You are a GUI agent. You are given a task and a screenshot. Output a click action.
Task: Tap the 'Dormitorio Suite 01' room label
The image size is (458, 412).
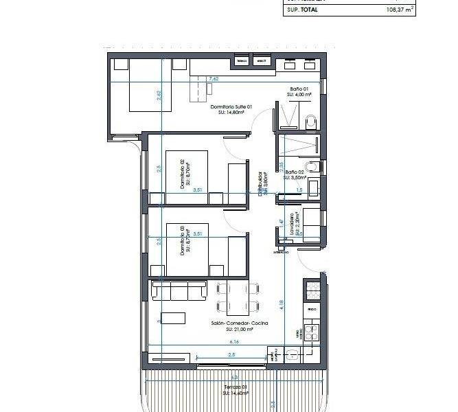pyautogui.click(x=231, y=107)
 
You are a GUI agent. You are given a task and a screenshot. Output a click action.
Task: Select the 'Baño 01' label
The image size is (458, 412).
pyautogui.click(x=299, y=89)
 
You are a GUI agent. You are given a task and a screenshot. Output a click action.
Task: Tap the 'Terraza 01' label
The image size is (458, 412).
pyautogui.click(x=235, y=388)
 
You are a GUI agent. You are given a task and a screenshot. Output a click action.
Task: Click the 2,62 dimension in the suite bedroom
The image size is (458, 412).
pyautogui.click(x=159, y=97)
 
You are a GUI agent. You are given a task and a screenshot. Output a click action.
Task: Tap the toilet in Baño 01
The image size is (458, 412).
pyautogui.click(x=310, y=122)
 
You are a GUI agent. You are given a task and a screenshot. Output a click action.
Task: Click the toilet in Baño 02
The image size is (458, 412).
pyautogui.click(x=312, y=166)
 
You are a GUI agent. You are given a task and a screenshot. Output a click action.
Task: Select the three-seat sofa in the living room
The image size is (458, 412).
pyautogui.click(x=179, y=290)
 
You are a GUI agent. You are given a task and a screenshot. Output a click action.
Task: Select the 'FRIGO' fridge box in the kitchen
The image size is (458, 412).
pyautogui.click(x=312, y=309)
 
